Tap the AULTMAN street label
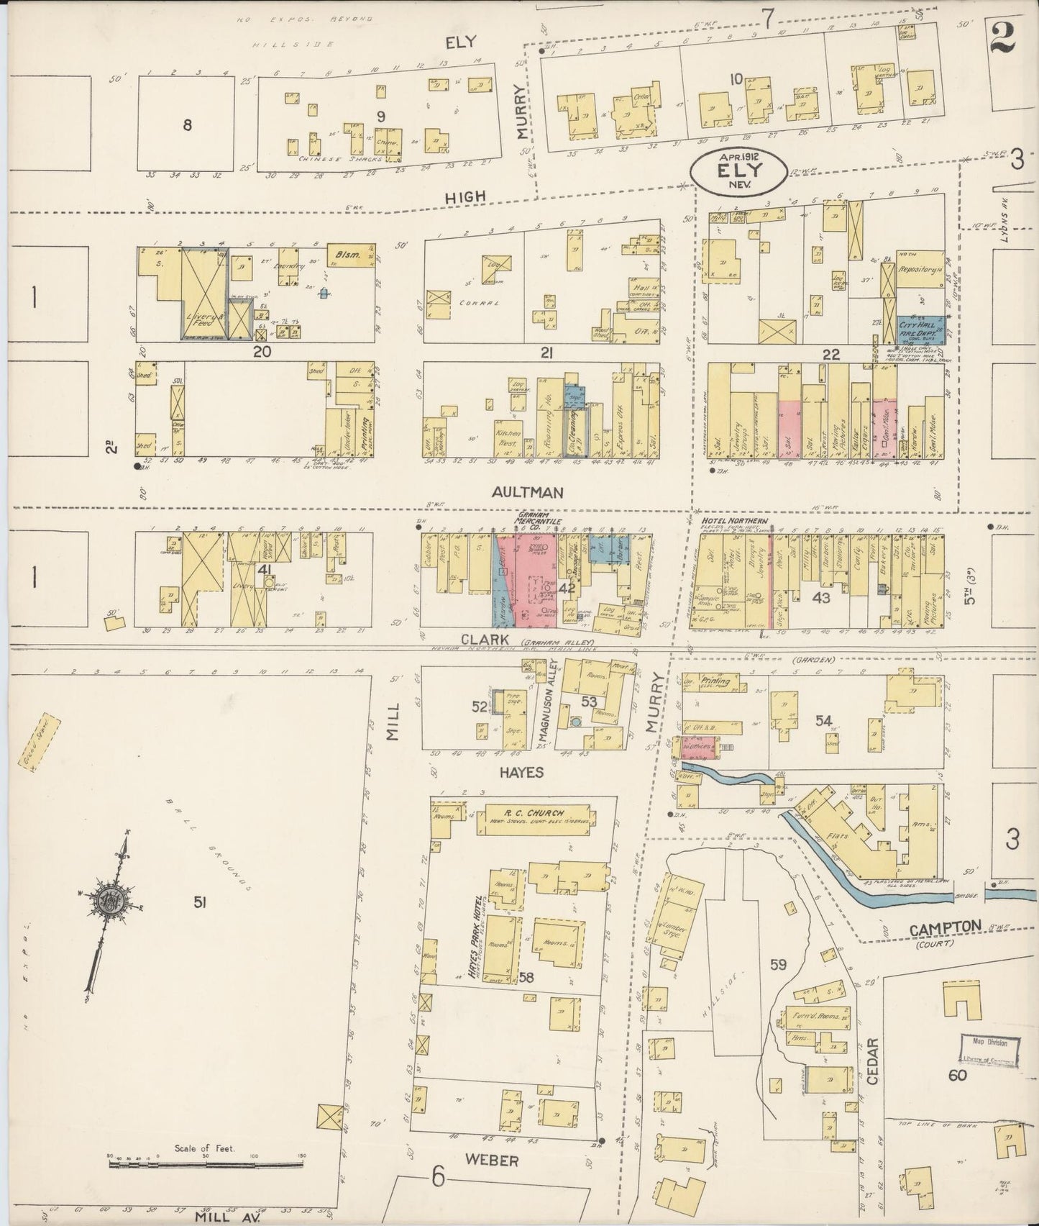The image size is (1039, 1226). point(527,492)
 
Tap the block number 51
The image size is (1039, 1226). point(199,902)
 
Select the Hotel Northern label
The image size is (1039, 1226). point(734,521)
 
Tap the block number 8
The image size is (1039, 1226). point(187,124)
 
